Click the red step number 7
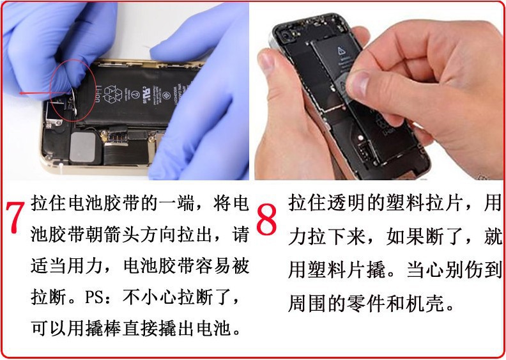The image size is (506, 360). (15, 217)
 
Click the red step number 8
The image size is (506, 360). (266, 219)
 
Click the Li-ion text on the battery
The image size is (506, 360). (98, 93)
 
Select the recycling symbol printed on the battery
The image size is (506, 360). (114, 93)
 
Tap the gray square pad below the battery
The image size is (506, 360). (82, 146)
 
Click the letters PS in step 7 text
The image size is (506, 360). (94, 297)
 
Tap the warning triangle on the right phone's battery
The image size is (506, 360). (341, 51)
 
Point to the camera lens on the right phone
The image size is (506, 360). (286, 35)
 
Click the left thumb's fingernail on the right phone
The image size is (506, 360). (266, 61)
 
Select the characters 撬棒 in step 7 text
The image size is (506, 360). (103, 329)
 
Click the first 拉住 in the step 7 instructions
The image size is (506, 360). (49, 203)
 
